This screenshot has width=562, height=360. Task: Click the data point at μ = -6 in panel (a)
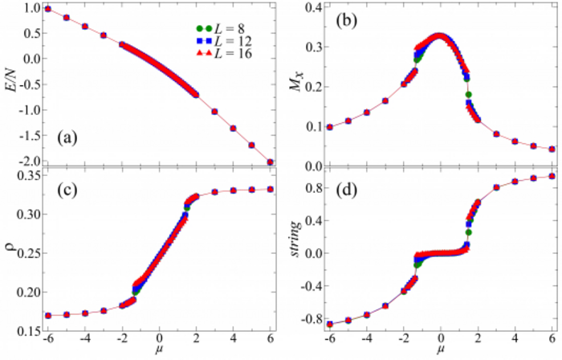[x=48, y=9]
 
